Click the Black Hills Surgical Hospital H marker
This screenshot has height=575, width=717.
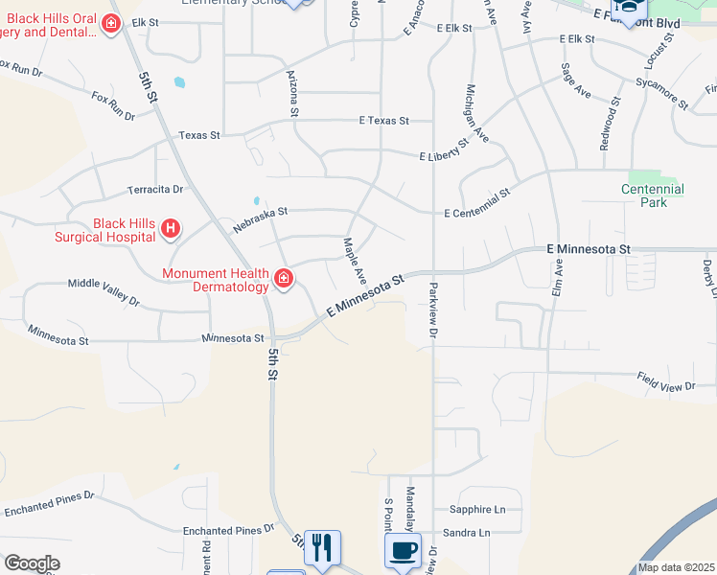tap(170, 228)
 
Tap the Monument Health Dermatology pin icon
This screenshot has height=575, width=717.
tap(284, 279)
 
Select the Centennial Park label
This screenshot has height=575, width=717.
tap(652, 195)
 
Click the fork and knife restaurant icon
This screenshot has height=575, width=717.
tap(321, 548)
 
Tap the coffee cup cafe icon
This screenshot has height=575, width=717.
tap(402, 550)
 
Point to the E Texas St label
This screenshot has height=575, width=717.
tap(383, 121)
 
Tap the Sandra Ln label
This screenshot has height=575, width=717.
tap(466, 533)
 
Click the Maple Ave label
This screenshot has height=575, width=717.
tap(355, 260)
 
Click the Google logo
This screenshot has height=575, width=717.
tap(32, 563)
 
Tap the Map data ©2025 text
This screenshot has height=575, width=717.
tap(676, 567)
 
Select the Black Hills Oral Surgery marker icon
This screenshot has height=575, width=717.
tap(111, 23)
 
